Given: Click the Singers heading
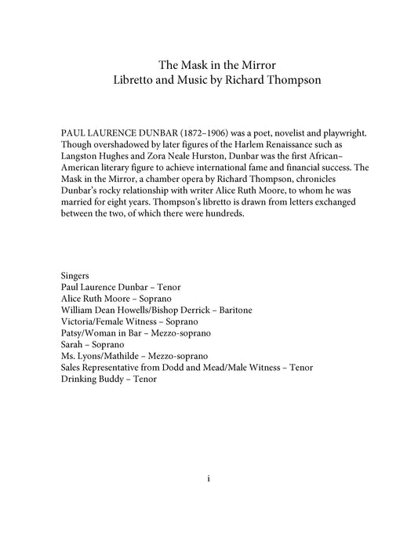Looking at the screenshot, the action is tap(75, 276).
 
